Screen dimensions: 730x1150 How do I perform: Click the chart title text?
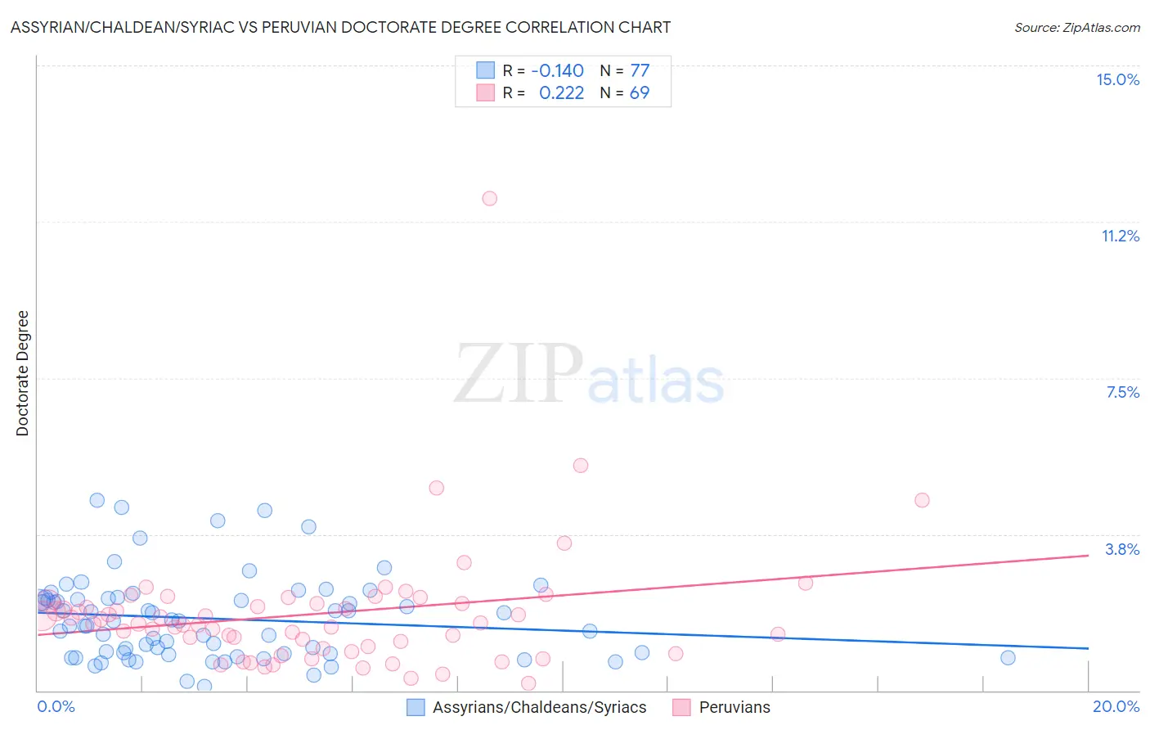[x=340, y=27]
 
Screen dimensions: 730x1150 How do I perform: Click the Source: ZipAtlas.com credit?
[x=1076, y=27]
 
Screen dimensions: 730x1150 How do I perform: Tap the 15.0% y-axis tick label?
[x=1117, y=79]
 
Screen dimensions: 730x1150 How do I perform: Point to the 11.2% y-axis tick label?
[x=1120, y=236]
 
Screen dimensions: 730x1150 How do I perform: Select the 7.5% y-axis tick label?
[x=1122, y=392]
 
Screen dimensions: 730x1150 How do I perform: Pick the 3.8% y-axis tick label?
[x=1122, y=549]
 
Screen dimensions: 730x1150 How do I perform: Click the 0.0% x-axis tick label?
[x=56, y=706]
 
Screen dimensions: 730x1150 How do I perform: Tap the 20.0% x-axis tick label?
[x=1116, y=706]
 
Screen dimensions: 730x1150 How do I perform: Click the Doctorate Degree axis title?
[x=23, y=373]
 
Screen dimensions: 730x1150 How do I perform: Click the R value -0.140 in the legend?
[x=557, y=70]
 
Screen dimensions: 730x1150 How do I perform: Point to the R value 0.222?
[x=561, y=92]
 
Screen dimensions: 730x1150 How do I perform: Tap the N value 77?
[x=640, y=70]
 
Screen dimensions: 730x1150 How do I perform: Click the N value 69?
[x=640, y=92]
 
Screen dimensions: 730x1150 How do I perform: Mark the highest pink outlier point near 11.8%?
[x=489, y=198]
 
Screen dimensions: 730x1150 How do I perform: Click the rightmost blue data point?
[x=1008, y=657]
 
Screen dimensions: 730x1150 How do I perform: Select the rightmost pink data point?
[x=922, y=500]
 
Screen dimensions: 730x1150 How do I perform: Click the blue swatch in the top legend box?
[x=485, y=70]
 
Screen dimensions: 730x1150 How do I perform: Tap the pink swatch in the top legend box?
[x=485, y=92]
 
